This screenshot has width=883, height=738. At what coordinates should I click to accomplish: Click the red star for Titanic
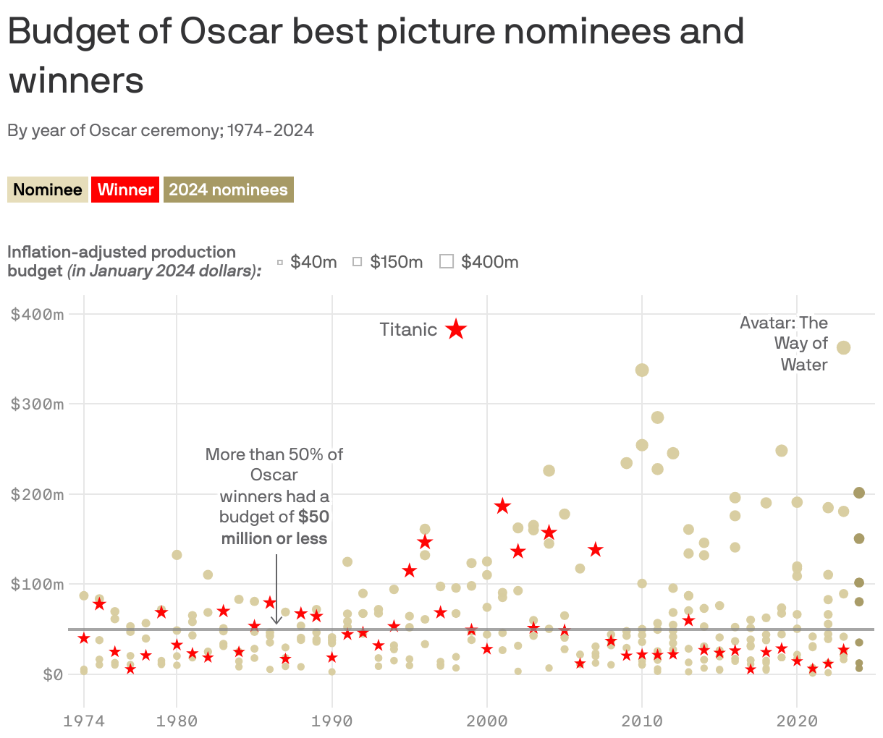456,330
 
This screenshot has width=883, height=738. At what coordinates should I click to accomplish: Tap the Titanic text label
408,330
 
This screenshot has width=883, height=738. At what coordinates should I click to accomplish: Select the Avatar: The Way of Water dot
843,348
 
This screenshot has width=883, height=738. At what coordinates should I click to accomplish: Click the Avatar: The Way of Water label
784,344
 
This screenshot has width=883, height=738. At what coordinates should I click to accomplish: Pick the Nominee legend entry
48,190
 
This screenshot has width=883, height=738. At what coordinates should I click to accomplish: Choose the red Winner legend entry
125,190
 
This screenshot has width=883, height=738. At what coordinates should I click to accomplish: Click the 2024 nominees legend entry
228,190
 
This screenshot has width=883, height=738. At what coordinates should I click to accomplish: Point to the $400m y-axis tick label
37,314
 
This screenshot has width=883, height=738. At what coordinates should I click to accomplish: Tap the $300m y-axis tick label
37,404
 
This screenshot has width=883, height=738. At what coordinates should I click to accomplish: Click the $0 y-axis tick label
52,674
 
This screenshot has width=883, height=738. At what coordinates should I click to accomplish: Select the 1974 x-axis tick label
84,721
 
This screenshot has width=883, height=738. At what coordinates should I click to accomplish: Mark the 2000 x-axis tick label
487,721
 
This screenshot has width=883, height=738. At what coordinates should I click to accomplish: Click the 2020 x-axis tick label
797,721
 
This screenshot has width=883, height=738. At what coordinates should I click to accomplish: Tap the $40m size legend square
280,262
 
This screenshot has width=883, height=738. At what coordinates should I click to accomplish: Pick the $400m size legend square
447,261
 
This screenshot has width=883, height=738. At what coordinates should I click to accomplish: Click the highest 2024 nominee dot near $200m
859,493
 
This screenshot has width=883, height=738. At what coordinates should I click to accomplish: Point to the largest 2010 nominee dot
642,370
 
